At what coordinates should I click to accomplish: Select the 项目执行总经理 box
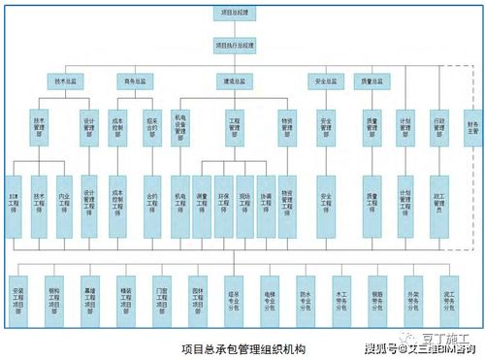coord(234,45)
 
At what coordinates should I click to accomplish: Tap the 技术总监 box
coord(64,82)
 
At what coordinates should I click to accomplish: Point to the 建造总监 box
coord(234,82)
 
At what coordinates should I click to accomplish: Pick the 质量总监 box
coord(372,82)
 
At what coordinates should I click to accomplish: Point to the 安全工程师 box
coord(326,206)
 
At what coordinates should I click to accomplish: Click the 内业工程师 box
coord(64,206)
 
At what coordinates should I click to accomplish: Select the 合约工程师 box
coord(152,206)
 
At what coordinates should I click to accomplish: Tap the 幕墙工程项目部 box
coord(90,295)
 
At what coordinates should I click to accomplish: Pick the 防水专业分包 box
coord(306,295)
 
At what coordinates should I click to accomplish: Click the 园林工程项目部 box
coord(198,295)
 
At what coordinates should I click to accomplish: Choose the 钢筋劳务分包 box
coord(377,295)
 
